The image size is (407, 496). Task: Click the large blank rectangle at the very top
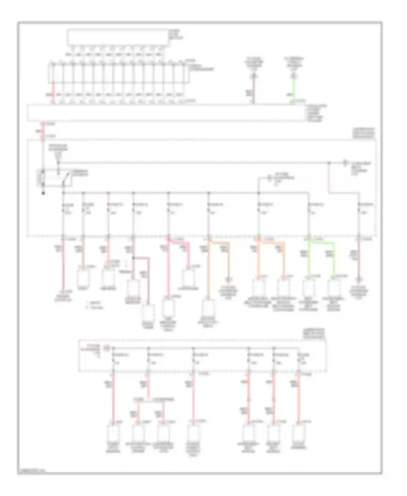[x=118, y=37]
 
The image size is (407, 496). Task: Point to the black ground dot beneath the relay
[x=43, y=193]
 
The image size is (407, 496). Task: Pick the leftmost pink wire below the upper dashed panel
[x=63, y=266]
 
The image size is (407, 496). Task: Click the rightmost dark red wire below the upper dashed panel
[x=359, y=260]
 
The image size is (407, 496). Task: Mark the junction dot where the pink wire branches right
[x=133, y=258]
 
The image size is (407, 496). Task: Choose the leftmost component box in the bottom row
[x=113, y=433]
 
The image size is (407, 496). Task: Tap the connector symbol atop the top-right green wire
[x=294, y=76]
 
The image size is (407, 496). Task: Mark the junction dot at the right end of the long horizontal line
[x=329, y=163]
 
